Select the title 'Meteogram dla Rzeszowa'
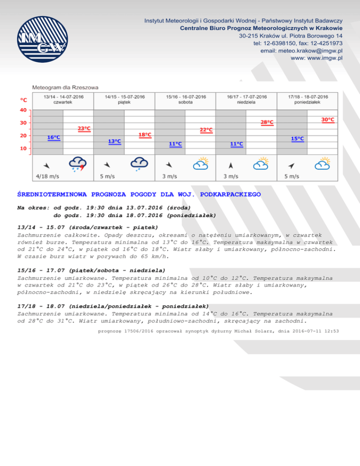click(x=65, y=87)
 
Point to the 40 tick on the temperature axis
click(x=23, y=110)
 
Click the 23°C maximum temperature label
click(x=84, y=128)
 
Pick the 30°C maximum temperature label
click(x=328, y=120)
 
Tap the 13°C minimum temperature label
click(x=114, y=141)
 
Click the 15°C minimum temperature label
click(x=297, y=139)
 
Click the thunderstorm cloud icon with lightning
click(x=77, y=164)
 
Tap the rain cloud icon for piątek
click(x=139, y=164)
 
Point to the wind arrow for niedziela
click(x=230, y=165)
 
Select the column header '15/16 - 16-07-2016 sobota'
click(x=186, y=99)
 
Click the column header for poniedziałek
click(x=308, y=99)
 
